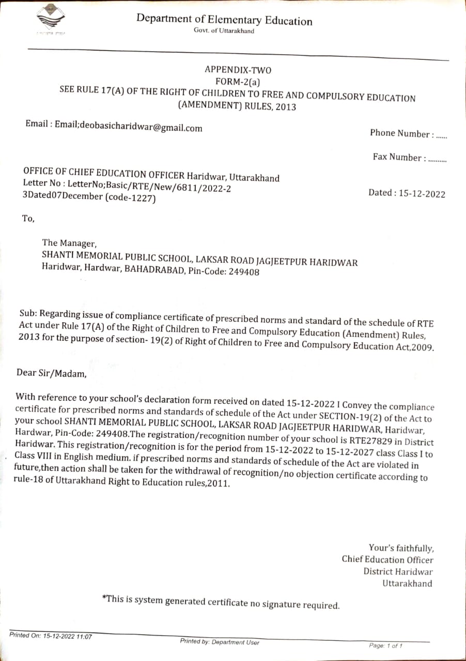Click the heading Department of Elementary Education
(x=224, y=20)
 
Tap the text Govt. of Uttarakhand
(x=224, y=31)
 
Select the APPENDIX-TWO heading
(x=238, y=70)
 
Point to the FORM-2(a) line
(x=238, y=81)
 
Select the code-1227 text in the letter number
(x=130, y=198)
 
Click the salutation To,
(x=28, y=218)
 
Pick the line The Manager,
(x=69, y=242)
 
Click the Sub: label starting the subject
(x=27, y=313)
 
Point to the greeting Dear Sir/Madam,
(x=51, y=373)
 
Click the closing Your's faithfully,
(x=401, y=548)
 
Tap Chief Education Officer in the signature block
(x=387, y=559)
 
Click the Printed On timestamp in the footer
(x=50, y=636)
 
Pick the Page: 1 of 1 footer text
(x=385, y=646)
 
